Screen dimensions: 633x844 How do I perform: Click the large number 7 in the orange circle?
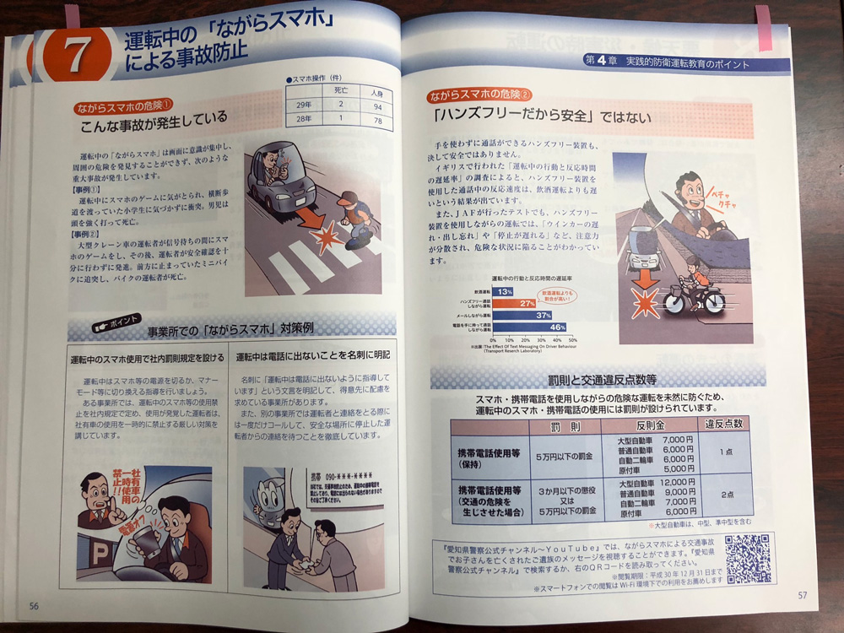[x=74, y=56]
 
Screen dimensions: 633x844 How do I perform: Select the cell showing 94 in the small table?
[x=376, y=106]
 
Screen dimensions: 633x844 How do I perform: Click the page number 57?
[x=803, y=597]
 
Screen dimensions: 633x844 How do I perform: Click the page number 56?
[x=33, y=604]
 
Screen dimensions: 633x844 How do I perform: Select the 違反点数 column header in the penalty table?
[x=723, y=425]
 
